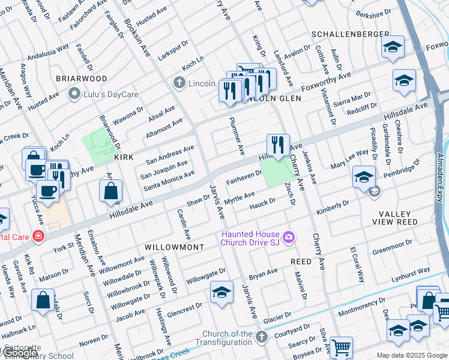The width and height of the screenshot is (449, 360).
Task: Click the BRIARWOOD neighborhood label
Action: [82, 79]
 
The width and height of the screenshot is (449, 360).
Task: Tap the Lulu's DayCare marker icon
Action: [74, 93]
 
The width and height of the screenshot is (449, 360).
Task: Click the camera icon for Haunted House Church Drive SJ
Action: [289, 238]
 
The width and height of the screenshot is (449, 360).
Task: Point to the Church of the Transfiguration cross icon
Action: [261, 338]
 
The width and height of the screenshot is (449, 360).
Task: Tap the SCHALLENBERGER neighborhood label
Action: [346, 34]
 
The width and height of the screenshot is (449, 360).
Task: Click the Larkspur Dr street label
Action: [173, 46]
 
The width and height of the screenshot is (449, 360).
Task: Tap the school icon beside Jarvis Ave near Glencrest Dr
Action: [221, 292]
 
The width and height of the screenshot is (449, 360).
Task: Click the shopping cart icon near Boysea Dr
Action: [341, 346]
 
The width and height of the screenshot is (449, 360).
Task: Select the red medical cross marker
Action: [38, 236]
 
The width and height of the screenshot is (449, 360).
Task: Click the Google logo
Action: [21, 353]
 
